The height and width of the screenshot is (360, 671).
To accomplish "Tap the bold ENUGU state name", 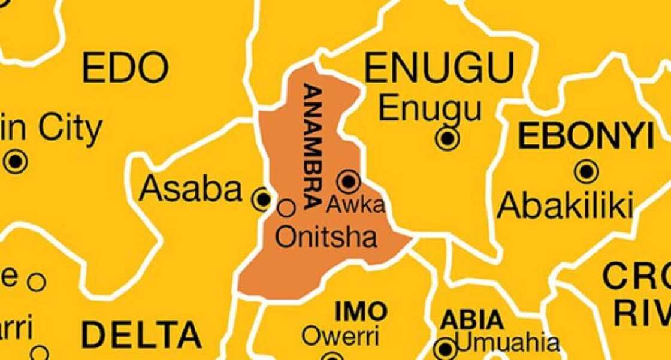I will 440,66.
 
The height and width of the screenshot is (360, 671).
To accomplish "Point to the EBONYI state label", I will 585,137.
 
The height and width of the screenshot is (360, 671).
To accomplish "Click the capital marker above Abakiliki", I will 585,172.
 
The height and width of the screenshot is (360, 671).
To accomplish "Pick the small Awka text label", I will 355,205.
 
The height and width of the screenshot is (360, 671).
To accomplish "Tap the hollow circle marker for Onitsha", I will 288,208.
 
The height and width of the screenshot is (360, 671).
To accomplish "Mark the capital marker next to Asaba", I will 262,198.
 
